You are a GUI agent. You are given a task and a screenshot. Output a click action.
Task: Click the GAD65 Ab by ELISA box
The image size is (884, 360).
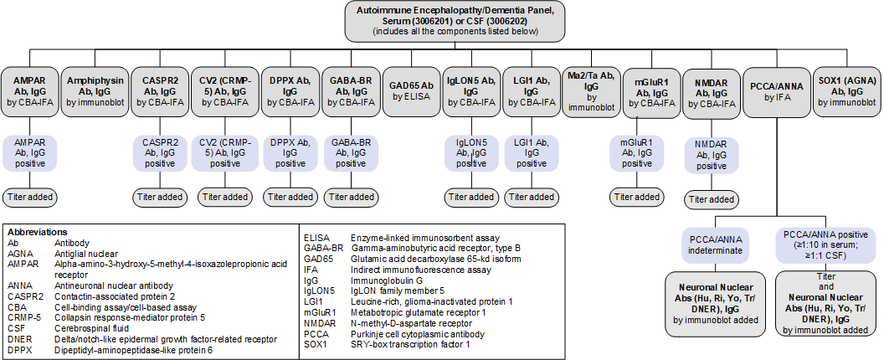pos(411,90)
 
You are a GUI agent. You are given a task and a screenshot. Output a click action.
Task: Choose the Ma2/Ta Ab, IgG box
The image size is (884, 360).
pos(591,90)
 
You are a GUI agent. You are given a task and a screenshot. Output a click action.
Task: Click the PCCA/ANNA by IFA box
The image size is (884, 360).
pos(777,91)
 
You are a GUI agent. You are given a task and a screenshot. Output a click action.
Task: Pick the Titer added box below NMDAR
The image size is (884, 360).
pos(711,199)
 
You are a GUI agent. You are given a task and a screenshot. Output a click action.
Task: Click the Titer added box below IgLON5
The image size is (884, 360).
pos(470,197)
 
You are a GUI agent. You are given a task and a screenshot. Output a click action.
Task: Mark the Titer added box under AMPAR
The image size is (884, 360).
pos(29,197)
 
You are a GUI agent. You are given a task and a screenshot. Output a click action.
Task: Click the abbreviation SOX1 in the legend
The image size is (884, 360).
pos(316,345)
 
